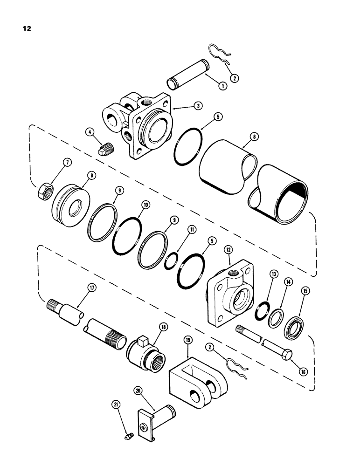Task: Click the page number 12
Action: (26, 28)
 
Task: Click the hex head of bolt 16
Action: (285, 348)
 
